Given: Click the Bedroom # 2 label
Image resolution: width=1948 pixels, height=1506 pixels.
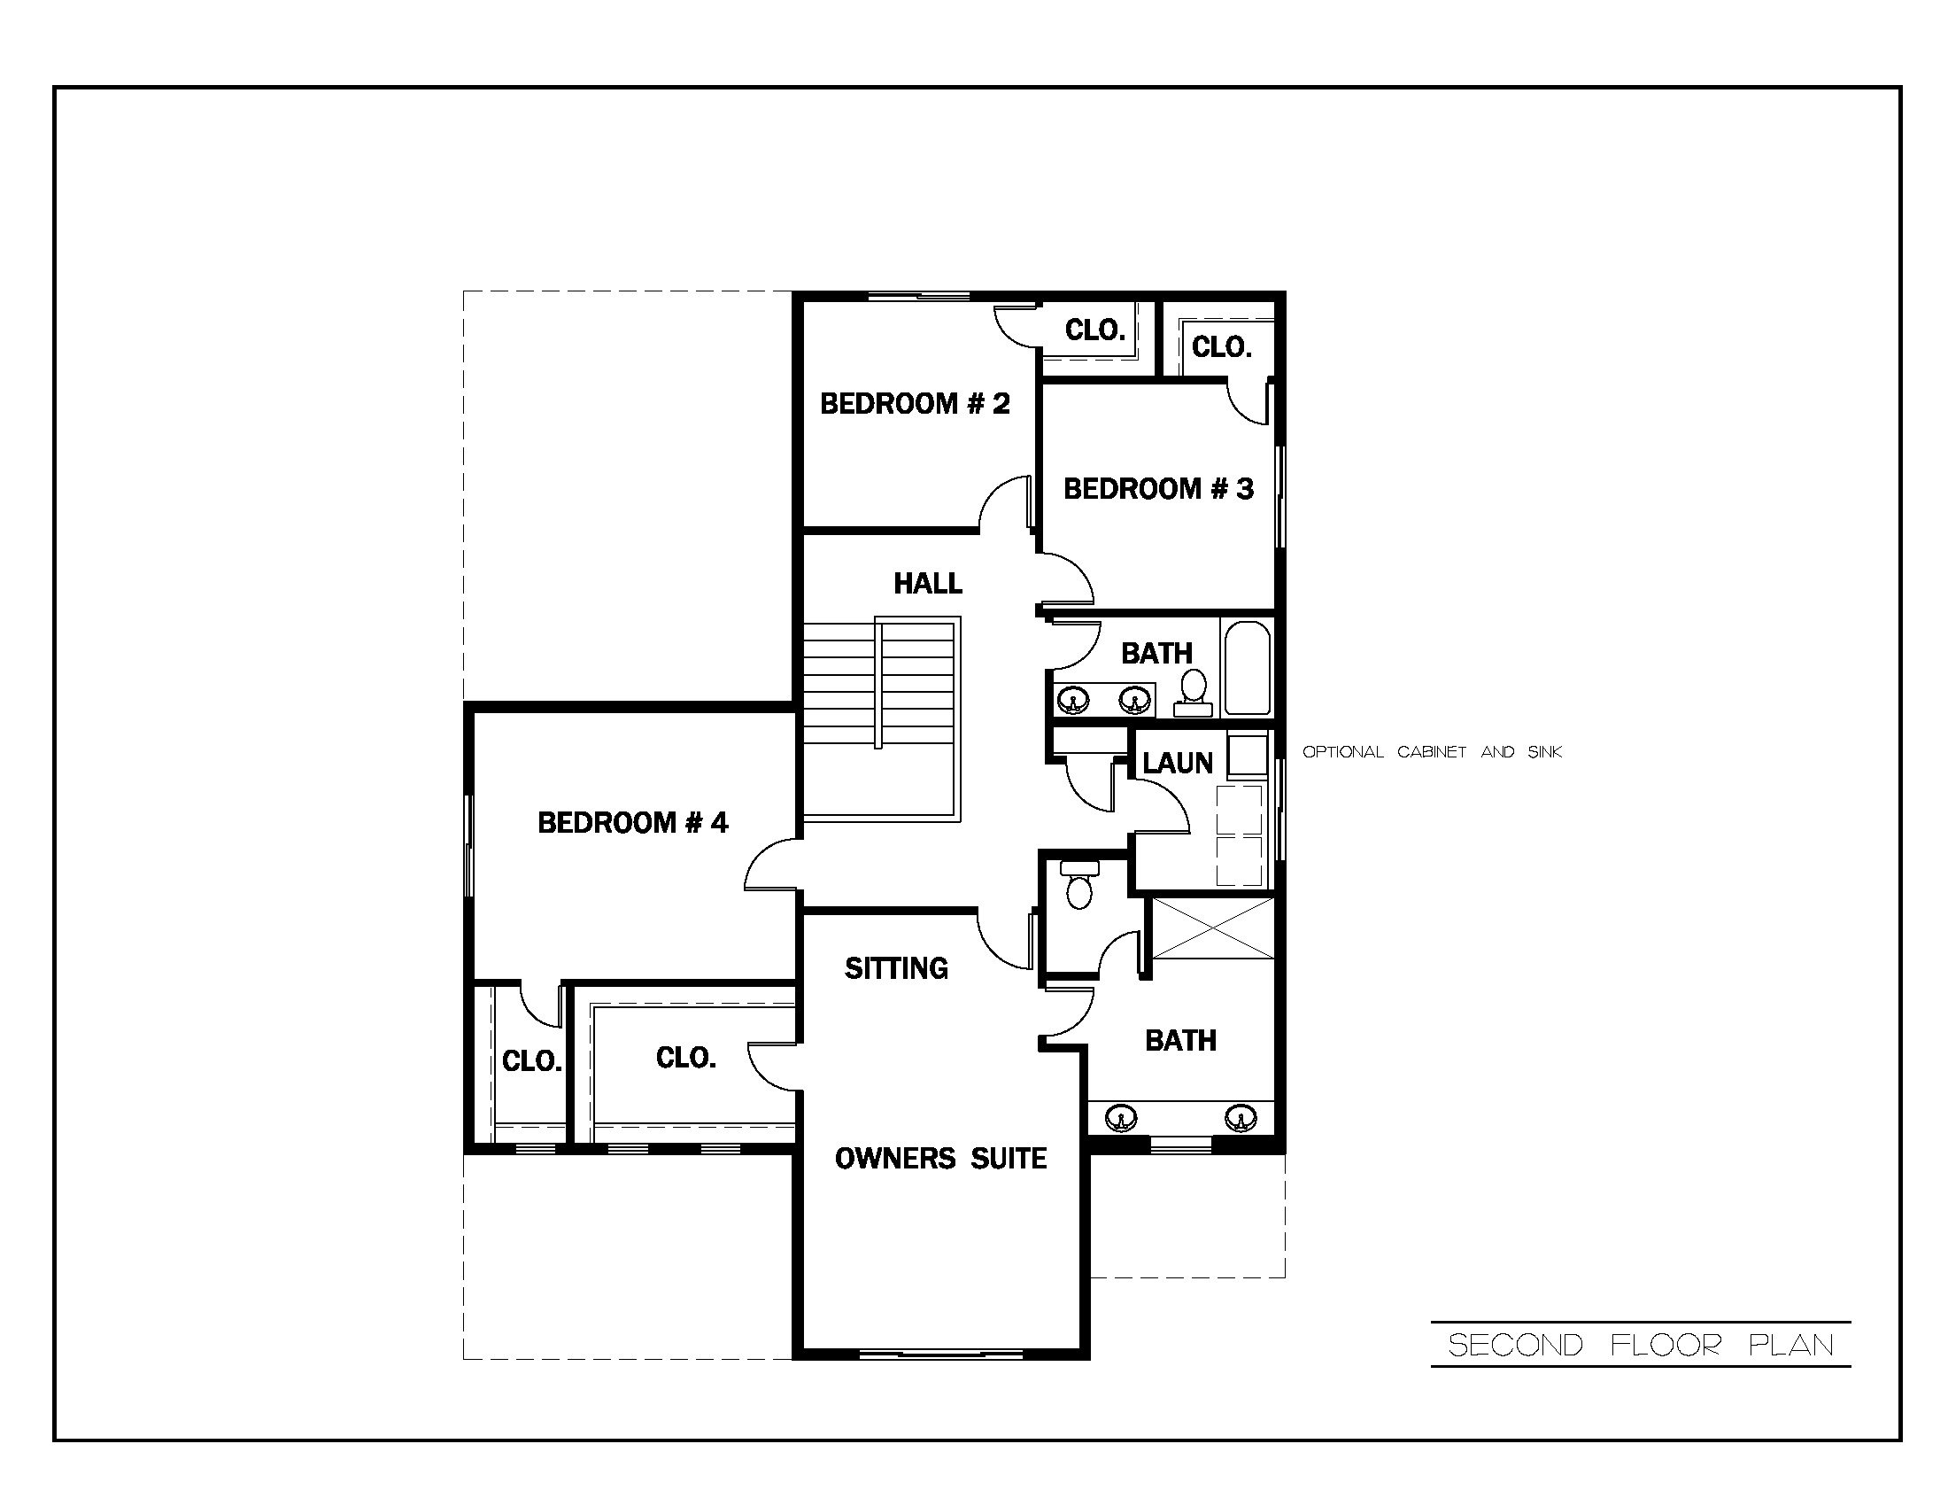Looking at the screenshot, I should click(915, 404).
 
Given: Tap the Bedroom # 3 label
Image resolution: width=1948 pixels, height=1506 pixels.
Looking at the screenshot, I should click(1158, 489).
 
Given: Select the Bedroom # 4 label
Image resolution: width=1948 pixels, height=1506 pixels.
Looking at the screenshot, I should click(632, 823).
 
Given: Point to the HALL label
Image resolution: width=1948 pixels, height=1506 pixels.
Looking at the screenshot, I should click(928, 584).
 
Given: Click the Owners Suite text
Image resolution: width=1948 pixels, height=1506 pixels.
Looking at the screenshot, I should click(940, 1159).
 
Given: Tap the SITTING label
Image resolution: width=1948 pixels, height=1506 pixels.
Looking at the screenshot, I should click(895, 968).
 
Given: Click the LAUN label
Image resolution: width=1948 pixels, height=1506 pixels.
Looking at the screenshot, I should click(1178, 763).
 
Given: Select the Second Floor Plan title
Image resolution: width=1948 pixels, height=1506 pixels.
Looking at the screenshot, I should click(1640, 1345).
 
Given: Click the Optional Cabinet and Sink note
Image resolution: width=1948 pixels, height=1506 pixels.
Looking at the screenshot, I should click(1432, 752).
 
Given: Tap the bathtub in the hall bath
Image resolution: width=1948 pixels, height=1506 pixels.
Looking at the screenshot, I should click(1247, 669).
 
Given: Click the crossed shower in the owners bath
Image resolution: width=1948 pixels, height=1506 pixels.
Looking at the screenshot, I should click(1213, 928).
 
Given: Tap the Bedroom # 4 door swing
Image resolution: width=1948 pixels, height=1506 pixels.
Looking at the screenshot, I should click(769, 866).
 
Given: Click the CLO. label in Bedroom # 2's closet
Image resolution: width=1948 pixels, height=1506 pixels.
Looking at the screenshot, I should click(1094, 331).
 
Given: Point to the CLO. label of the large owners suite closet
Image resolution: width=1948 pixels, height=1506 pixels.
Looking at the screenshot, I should click(685, 1058).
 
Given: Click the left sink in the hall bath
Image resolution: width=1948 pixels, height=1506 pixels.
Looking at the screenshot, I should click(1072, 700).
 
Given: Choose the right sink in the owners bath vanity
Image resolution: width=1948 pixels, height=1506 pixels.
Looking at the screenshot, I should click(1239, 1117).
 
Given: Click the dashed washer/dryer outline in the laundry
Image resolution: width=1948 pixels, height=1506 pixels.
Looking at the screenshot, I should click(1239, 835).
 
